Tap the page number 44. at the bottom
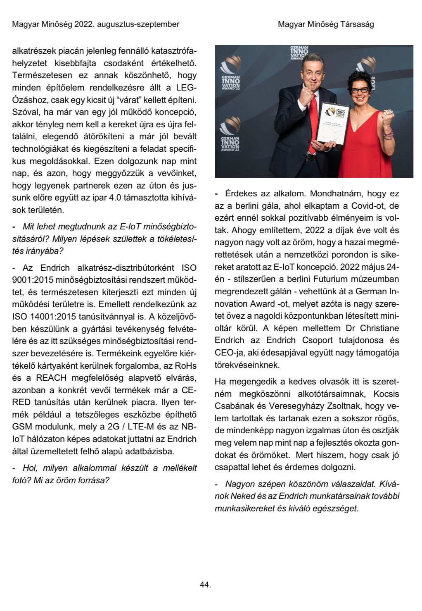(x=205, y=585)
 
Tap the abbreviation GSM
(x=22, y=427)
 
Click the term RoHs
(x=186, y=366)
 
